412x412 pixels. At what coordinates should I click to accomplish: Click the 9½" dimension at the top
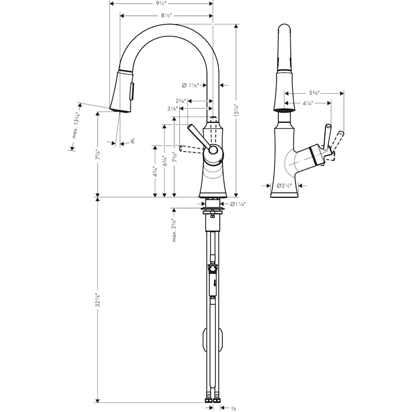click(x=160, y=3)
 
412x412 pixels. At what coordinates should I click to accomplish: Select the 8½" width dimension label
click(x=166, y=16)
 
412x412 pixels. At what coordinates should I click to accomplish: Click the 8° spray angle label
click(x=132, y=142)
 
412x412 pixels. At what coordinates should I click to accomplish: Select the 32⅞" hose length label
click(x=97, y=301)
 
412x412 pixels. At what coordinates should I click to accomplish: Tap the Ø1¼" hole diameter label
click(x=238, y=204)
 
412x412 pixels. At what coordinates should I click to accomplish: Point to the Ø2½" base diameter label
click(x=284, y=186)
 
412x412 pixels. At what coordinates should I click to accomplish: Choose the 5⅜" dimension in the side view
click(x=314, y=92)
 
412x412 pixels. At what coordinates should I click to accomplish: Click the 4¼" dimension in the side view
click(x=308, y=103)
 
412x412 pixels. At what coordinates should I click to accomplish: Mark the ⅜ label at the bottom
click(x=233, y=407)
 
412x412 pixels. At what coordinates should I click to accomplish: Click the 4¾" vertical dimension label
click(x=156, y=171)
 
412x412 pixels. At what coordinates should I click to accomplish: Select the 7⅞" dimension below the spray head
click(x=97, y=154)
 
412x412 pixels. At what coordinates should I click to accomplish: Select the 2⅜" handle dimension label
click(x=179, y=101)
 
